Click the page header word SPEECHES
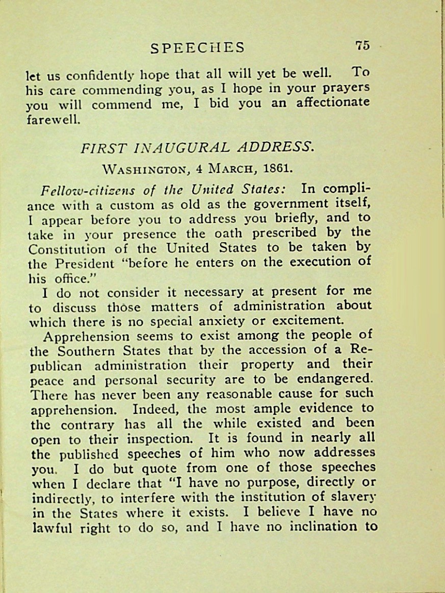pyautogui.click(x=198, y=48)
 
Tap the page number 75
pyautogui.click(x=362, y=45)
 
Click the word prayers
pyautogui.click(x=345, y=87)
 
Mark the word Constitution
pyautogui.click(x=68, y=249)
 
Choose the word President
pyautogui.click(x=84, y=264)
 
